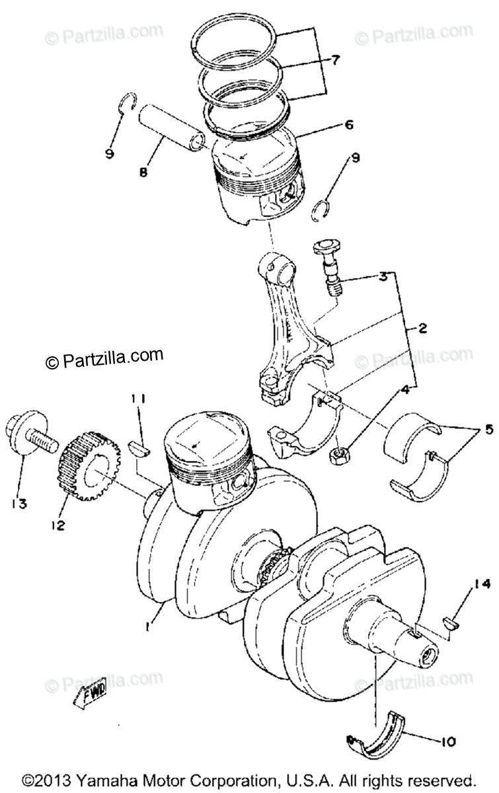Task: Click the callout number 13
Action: [18, 504]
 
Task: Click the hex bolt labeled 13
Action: [30, 434]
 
